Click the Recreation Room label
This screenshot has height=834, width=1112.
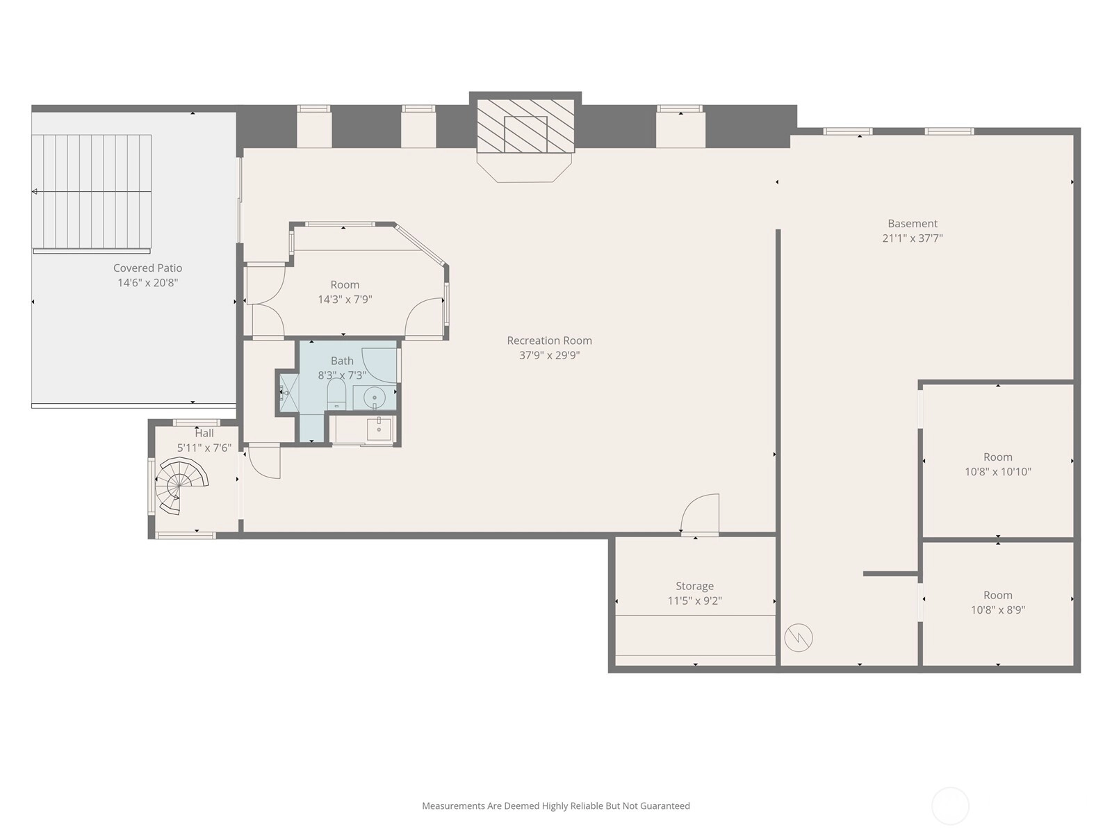coord(549,341)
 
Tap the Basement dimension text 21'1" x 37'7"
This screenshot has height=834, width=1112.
coord(913,238)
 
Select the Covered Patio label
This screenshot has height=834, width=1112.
coord(147,268)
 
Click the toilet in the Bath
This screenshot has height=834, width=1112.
coord(336,393)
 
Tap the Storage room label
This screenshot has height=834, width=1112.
coord(694,586)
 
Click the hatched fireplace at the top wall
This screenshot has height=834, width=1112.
coord(525,126)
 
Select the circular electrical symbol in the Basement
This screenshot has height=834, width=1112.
coord(799,637)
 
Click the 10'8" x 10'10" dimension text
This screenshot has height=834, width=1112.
coord(997,472)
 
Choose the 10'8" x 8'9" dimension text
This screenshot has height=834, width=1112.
coord(997,610)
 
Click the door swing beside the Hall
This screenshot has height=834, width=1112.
coord(263,461)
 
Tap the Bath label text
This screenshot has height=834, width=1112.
coord(342,361)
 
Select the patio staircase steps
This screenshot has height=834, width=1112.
coord(92,192)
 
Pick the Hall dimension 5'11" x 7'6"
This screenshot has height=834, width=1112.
coord(204,448)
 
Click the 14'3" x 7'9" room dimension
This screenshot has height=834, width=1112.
coord(345,300)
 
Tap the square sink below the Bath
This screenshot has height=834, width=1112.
coord(379,428)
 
